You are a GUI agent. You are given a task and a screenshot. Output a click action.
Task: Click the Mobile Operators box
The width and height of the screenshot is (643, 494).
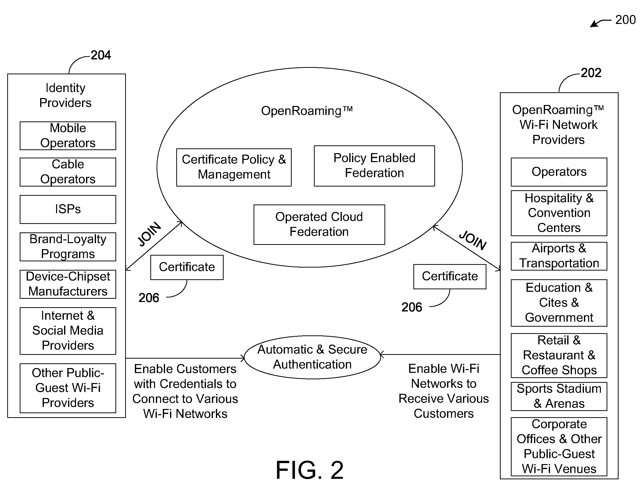(68, 136)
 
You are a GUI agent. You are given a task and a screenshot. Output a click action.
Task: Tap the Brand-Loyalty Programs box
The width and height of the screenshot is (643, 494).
(68, 247)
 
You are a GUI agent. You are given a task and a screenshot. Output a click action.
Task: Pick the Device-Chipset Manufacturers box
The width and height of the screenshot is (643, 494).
(68, 284)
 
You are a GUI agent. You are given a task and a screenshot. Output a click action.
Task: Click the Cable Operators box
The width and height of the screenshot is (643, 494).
(68, 172)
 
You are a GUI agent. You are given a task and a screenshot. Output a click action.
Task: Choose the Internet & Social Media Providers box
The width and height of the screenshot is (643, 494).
(68, 331)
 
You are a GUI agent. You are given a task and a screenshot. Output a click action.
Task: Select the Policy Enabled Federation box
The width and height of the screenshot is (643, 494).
(374, 166)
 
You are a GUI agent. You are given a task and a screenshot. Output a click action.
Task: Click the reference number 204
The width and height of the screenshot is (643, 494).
(100, 55)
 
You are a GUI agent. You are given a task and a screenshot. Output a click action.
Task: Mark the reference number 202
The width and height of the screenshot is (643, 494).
(591, 73)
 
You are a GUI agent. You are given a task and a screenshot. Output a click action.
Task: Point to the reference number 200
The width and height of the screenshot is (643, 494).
(625, 20)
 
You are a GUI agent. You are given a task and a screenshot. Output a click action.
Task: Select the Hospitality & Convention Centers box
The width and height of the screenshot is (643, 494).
(559, 213)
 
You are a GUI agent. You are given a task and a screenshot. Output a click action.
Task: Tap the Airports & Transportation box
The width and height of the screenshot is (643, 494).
(559, 256)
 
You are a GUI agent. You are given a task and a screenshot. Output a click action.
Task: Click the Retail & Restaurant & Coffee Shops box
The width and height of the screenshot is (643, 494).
(559, 355)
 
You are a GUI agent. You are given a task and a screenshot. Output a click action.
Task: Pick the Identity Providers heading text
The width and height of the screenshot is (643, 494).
(65, 95)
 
